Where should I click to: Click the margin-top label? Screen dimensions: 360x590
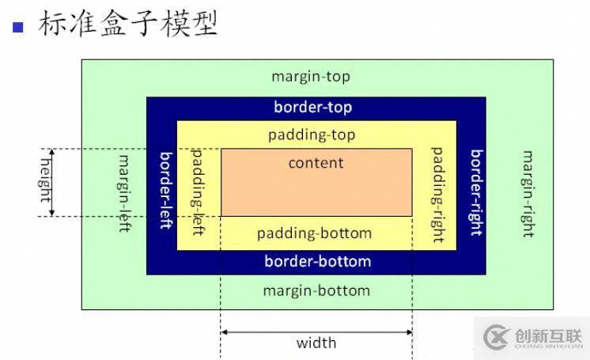point(310,77)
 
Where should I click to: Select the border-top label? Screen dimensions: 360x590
point(313,107)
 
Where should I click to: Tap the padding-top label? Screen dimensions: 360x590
point(312,135)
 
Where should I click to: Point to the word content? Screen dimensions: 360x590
point(316,163)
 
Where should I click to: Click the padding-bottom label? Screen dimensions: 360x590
point(314,233)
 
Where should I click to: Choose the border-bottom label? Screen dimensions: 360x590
point(317,261)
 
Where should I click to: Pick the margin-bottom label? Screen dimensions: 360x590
point(316,290)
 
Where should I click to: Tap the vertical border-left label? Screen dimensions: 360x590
point(166,190)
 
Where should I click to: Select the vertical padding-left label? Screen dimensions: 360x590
point(198,188)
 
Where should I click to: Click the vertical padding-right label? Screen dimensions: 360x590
point(437,188)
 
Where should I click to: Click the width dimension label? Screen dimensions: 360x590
point(316,343)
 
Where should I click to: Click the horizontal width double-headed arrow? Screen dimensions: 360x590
point(316,332)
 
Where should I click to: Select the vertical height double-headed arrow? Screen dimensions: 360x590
point(52,182)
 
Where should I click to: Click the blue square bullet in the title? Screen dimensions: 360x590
point(18,26)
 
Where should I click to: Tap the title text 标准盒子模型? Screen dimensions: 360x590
point(127,24)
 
